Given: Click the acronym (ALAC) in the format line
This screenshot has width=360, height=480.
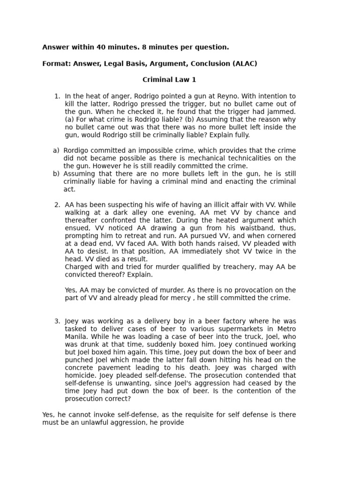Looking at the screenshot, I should [x=245, y=64].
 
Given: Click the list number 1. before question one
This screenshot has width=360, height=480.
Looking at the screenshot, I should [x=57, y=96].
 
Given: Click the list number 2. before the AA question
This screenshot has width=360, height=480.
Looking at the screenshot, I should [x=57, y=205].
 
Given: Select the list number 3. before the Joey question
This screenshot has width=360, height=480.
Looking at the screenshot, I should [x=57, y=321].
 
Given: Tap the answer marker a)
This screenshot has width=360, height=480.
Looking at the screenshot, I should [x=56, y=150].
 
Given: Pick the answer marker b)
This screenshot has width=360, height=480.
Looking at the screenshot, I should [x=56, y=174].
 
